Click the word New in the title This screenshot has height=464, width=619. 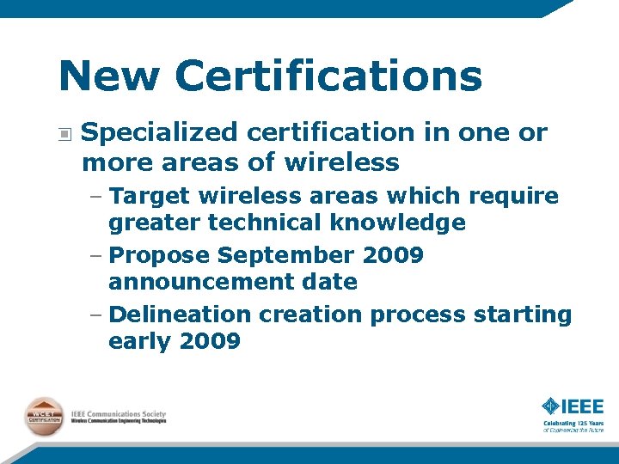click(108, 76)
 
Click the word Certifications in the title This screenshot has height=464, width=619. click(328, 76)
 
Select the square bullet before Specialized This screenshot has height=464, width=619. click(65, 133)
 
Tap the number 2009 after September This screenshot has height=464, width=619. click(393, 256)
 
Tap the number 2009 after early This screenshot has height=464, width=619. click(210, 342)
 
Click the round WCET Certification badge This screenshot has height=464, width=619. click(45, 416)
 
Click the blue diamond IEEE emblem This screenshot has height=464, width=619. click(551, 406)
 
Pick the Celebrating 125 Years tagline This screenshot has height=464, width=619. click(573, 424)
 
